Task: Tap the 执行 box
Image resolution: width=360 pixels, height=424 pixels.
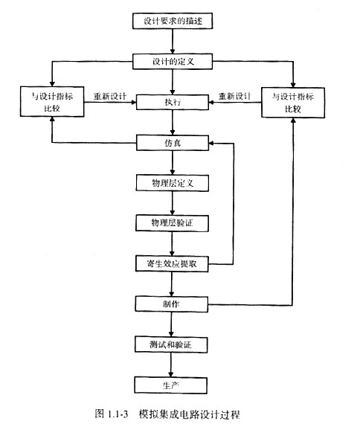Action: (x=173, y=101)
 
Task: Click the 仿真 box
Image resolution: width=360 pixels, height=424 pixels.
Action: (x=173, y=141)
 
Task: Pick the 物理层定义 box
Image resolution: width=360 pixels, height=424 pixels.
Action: (x=173, y=182)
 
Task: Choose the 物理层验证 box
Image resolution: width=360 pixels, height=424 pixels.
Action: (x=173, y=222)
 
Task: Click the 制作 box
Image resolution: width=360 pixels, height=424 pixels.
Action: (x=173, y=304)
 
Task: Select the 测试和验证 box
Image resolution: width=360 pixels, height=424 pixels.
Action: (x=173, y=345)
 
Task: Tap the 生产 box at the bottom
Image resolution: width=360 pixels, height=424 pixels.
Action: (x=173, y=385)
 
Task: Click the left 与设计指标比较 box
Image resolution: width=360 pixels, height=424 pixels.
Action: (x=51, y=101)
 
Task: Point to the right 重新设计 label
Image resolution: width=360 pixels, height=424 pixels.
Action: (x=234, y=96)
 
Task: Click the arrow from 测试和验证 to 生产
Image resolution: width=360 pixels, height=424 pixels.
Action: (x=173, y=365)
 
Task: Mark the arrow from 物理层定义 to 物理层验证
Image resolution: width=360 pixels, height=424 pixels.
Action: (x=173, y=202)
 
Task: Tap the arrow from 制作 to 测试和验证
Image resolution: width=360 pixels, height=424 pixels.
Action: (x=173, y=324)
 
